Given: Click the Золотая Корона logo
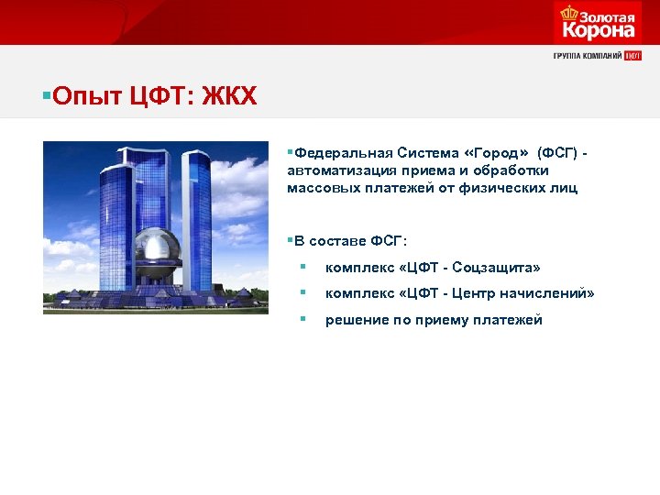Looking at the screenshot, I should (597, 23).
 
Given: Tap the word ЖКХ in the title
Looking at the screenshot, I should (233, 95).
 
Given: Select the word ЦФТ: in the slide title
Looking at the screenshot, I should (161, 95).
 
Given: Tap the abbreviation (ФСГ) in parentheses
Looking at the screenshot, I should (557, 153).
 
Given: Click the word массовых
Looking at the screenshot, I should (320, 188).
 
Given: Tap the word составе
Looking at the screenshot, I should (339, 241).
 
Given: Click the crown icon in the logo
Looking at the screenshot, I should (569, 13).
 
